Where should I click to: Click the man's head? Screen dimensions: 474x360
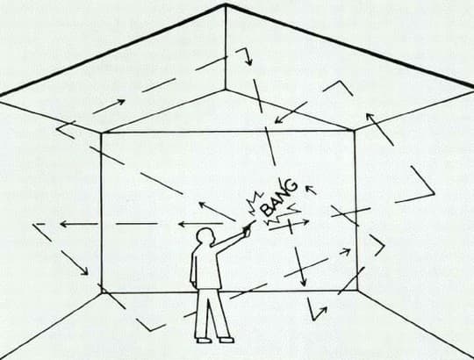206,237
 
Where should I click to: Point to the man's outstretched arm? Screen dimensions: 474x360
230,239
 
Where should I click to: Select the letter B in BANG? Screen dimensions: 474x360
267,210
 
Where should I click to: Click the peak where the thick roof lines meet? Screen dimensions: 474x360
226,4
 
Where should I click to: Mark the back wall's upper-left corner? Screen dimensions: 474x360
102,133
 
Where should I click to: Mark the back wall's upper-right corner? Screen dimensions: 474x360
355,130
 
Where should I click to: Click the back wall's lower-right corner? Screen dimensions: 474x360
357,290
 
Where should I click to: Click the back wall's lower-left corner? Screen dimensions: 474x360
102,292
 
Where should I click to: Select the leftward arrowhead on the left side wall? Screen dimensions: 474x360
64,224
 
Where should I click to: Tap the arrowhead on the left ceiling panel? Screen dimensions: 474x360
121,102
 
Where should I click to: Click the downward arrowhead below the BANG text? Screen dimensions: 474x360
303,282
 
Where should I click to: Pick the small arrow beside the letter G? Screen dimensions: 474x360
311,191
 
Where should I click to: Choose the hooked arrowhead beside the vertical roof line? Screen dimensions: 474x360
248,61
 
